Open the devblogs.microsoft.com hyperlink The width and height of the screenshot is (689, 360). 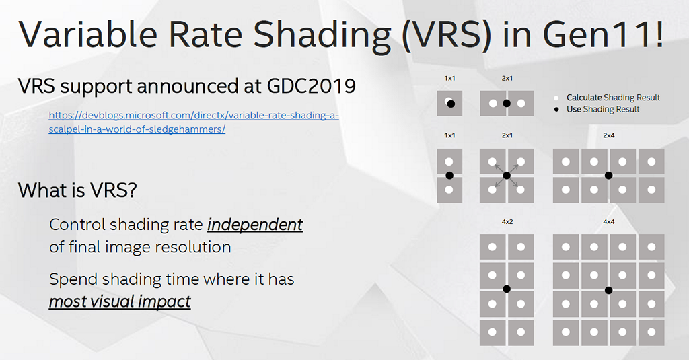click(x=193, y=116)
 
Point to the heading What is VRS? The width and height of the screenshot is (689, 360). click(x=77, y=190)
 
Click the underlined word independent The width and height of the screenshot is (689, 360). click(x=254, y=224)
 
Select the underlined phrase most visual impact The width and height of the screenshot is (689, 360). click(x=120, y=301)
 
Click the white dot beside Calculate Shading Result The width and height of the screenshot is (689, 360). click(x=556, y=98)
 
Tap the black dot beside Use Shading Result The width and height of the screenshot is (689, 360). click(x=556, y=109)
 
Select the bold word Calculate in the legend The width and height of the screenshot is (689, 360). click(x=583, y=98)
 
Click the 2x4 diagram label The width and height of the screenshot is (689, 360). click(x=608, y=135)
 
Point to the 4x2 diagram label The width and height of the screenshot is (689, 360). click(x=506, y=221)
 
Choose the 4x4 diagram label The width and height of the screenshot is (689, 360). click(x=608, y=221)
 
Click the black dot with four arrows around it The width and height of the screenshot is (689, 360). click(x=507, y=175)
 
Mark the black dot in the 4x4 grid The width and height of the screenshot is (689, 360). click(x=608, y=290)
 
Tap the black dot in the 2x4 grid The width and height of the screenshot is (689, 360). click(x=608, y=175)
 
